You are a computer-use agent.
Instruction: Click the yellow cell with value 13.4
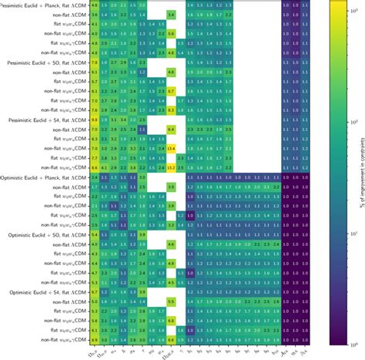click(170, 148)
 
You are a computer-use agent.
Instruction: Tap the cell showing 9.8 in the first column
click(94, 119)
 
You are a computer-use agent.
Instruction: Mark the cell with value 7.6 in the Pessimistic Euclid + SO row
click(94, 62)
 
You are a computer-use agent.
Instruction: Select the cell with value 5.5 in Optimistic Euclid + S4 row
click(170, 301)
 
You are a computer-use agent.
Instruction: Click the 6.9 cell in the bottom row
click(94, 338)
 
